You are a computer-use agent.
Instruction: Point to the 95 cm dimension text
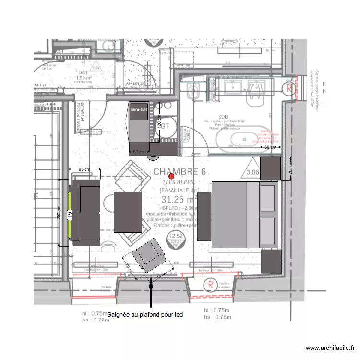84,169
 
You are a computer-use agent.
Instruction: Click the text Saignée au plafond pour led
146,315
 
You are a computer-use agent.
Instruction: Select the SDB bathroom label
223,117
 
